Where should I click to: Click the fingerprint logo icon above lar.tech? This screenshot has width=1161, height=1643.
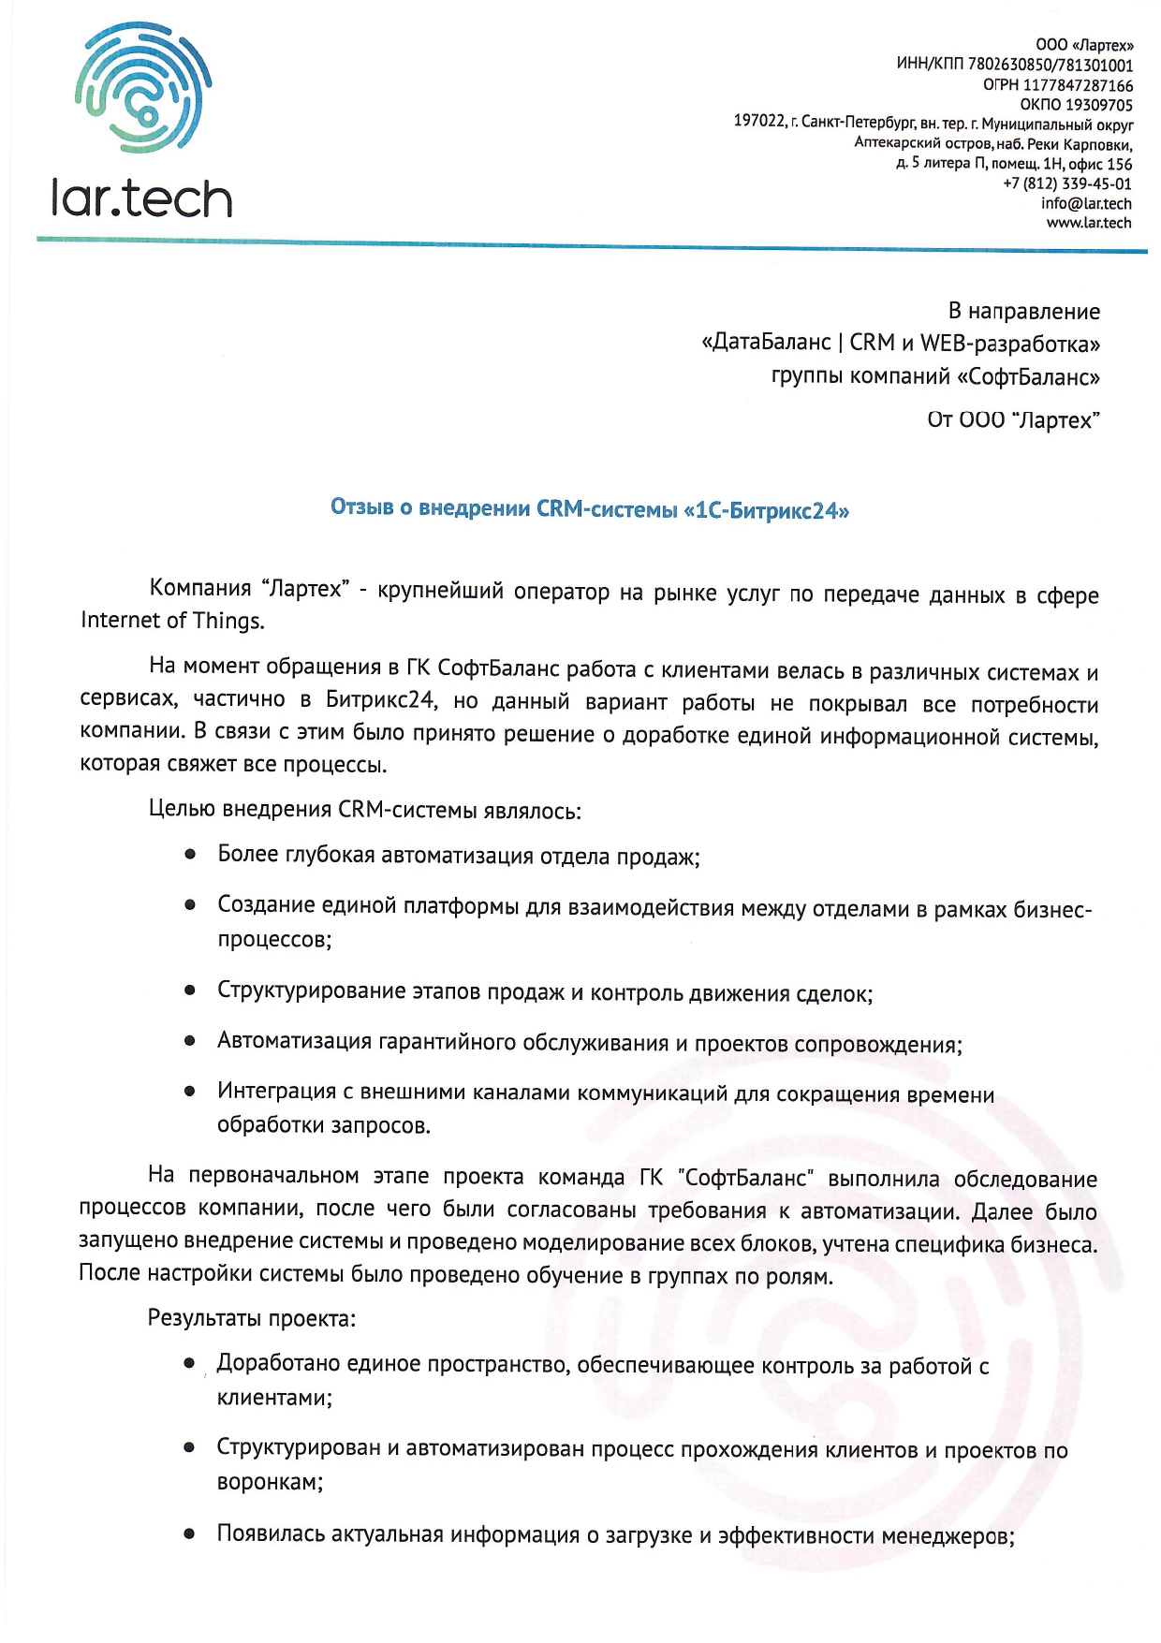(x=143, y=88)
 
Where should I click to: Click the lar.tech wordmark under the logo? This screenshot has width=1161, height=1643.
(x=141, y=199)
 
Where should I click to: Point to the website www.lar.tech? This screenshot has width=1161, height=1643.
(x=1088, y=223)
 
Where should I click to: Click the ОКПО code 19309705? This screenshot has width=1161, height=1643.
(x=1098, y=105)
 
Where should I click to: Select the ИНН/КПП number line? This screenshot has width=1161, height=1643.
(x=1014, y=66)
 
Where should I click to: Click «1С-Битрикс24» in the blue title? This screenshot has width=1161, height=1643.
(x=767, y=511)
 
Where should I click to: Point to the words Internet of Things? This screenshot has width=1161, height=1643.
(x=171, y=621)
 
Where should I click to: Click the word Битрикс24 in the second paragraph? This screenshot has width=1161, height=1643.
(x=380, y=700)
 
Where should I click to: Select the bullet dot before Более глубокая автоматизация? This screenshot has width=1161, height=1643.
(x=190, y=855)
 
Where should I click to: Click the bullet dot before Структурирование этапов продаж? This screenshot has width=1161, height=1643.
(x=190, y=990)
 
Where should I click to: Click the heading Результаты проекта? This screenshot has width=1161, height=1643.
(x=251, y=1319)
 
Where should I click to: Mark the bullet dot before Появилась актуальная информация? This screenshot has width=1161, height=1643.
(x=190, y=1533)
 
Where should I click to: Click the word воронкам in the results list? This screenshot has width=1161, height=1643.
(x=268, y=1483)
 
